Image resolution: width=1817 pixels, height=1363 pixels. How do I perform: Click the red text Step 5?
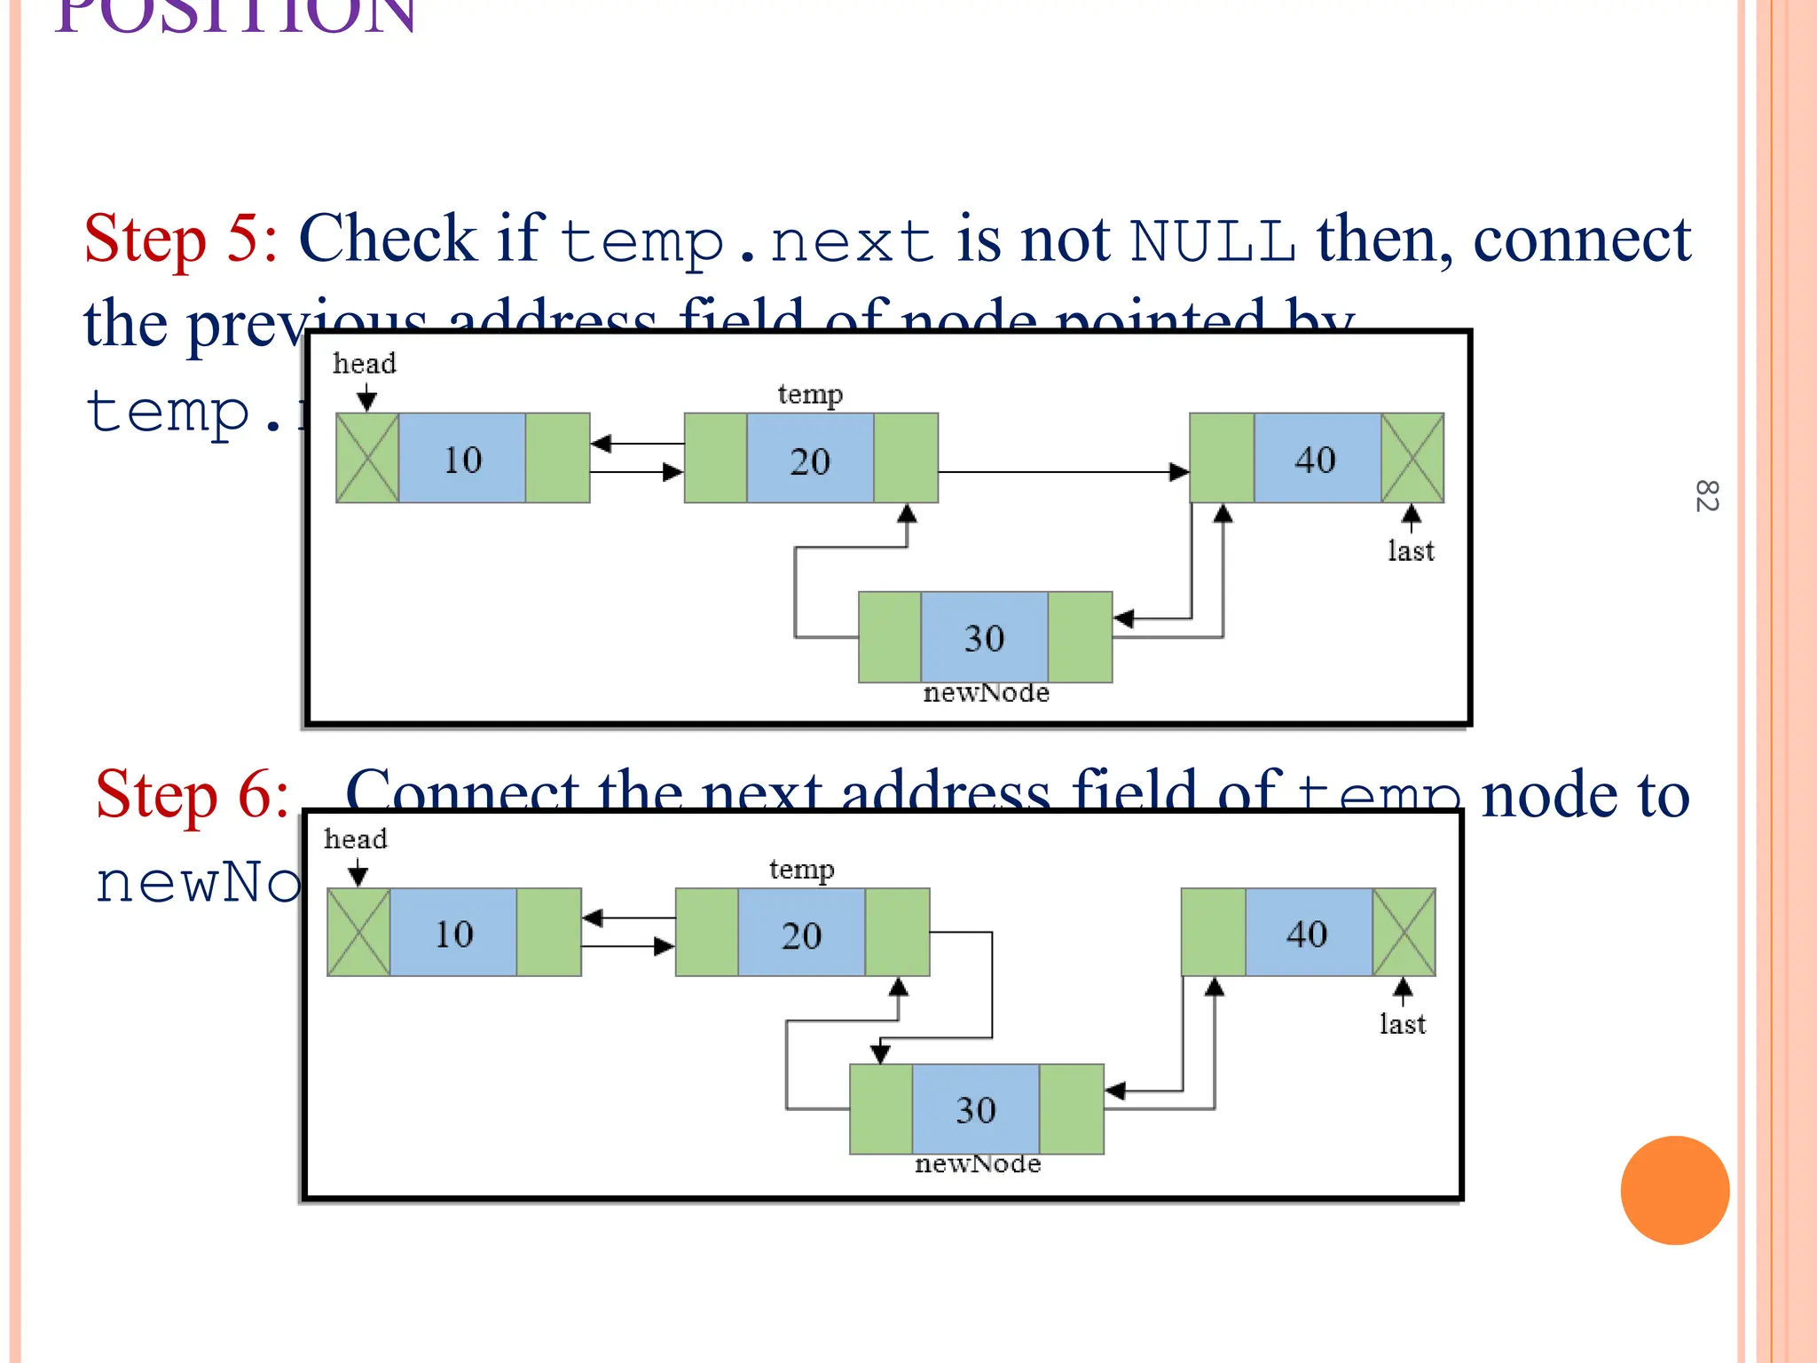[181, 240]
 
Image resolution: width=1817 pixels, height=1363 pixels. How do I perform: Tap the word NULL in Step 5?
[1212, 241]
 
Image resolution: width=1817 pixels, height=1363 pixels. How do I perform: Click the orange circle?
[1674, 1190]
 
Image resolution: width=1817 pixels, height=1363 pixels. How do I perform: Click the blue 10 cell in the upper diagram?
[462, 459]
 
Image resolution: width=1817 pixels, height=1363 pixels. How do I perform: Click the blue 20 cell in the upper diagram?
[810, 460]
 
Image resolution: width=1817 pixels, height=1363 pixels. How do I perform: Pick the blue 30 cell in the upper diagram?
[985, 637]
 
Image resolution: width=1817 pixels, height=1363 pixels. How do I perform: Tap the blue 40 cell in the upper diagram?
[1317, 459]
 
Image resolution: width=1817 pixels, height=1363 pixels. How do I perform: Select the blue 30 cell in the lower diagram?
[976, 1109]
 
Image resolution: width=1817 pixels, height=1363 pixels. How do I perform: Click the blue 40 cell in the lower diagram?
[1309, 933]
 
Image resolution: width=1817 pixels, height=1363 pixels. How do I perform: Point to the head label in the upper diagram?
[364, 364]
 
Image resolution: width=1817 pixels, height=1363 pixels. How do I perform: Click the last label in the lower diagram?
[1403, 1025]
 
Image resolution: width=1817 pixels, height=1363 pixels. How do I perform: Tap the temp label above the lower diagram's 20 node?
[801, 870]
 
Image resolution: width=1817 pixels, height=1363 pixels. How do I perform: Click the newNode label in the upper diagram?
[986, 693]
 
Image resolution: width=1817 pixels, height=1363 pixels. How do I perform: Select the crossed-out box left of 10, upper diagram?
[367, 459]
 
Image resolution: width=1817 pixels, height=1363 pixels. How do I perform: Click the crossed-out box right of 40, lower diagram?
[1404, 933]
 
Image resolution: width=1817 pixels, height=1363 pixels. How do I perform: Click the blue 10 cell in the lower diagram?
[453, 933]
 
